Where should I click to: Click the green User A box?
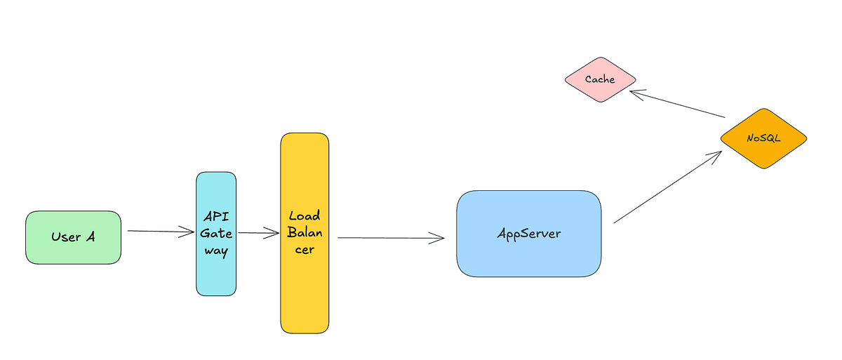tap(73, 237)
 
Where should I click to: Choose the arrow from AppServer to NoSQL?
tap(667, 187)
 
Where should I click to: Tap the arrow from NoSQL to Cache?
tap(677, 104)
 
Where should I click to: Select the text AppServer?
tap(529, 234)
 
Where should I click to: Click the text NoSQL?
tap(763, 138)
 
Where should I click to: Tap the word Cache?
tap(600, 79)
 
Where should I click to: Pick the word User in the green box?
tap(66, 237)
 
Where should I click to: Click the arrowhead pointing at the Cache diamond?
tap(634, 92)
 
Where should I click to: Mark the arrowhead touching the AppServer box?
tap(439, 239)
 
